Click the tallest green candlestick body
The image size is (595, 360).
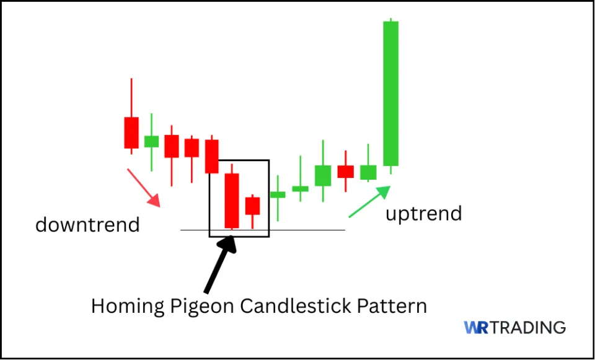(390, 93)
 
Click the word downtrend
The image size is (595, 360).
(87, 224)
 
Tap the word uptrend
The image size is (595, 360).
(424, 214)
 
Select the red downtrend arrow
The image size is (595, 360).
(143, 187)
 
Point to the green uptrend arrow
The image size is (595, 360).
(369, 202)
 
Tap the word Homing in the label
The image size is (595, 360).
(124, 306)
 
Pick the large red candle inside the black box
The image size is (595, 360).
(232, 200)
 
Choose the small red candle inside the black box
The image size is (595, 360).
(252, 206)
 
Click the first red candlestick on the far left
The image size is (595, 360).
(131, 132)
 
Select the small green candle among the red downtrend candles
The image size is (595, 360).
(151, 141)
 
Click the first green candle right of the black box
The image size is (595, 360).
(278, 195)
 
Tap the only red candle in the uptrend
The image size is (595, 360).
(345, 172)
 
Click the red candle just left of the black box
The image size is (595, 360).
(212, 156)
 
